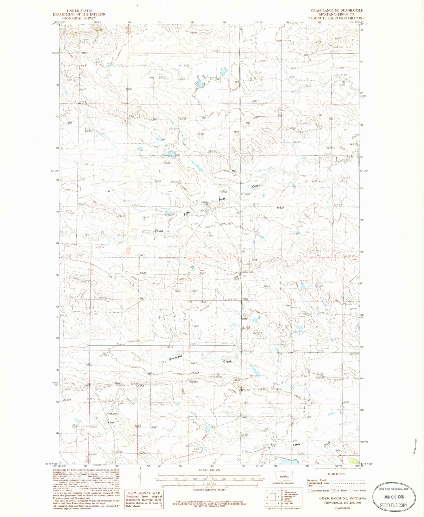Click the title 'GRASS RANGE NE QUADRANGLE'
click(x=337, y=10)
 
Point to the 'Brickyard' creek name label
click(x=175, y=358)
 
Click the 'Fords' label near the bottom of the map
click(x=296, y=445)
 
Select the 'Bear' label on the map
click(x=222, y=199)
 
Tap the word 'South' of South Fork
click(x=159, y=231)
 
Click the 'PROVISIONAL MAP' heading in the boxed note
click(x=144, y=493)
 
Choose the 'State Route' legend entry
click(x=360, y=490)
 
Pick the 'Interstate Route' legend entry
click(x=320, y=490)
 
